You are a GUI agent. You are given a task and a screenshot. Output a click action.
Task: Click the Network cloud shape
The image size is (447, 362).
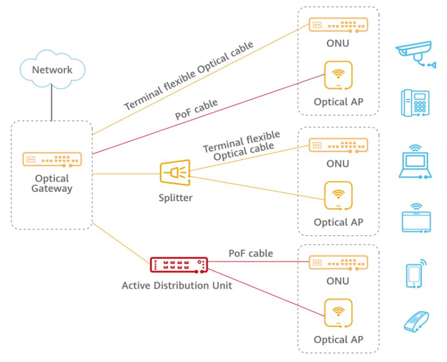point(52,70)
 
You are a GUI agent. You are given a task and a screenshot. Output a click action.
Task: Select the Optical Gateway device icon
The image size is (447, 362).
point(52,159)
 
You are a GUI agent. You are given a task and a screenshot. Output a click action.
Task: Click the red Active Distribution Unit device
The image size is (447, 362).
point(179,265)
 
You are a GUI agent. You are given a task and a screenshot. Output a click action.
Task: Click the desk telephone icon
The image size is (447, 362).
point(415,103)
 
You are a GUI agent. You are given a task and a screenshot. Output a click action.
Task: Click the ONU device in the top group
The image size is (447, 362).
point(338,25)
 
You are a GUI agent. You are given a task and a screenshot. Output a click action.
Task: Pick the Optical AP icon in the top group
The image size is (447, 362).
point(338,76)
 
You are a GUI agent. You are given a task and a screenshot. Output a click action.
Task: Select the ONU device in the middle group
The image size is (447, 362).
point(338,145)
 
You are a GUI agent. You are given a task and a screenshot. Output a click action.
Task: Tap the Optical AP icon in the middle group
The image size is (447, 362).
point(338,196)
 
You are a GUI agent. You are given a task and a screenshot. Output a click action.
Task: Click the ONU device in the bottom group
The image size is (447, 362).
point(338,263)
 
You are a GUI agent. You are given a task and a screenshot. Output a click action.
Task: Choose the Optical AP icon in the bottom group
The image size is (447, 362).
point(338,314)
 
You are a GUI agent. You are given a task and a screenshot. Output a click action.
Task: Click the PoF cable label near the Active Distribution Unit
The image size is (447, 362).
point(251,253)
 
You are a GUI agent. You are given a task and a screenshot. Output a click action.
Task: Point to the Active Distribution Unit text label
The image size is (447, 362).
point(177,285)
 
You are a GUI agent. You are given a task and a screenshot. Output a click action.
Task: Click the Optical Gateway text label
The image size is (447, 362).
point(52,183)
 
